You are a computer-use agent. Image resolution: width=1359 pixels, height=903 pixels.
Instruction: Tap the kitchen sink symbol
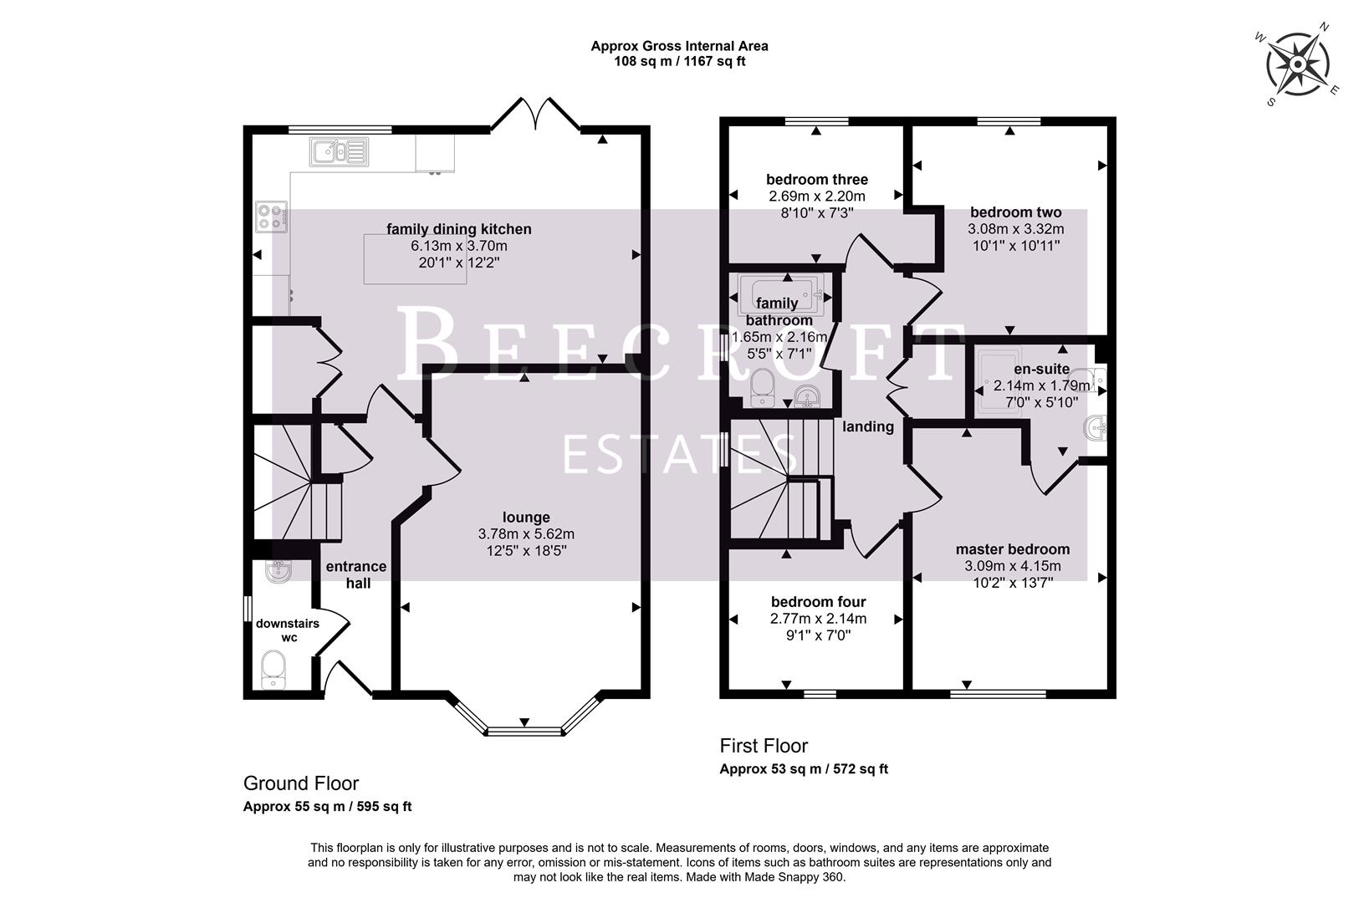tap(339, 152)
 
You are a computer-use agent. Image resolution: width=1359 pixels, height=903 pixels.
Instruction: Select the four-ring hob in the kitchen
tap(271, 217)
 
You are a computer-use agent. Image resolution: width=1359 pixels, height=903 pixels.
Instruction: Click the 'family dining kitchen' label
tap(458, 229)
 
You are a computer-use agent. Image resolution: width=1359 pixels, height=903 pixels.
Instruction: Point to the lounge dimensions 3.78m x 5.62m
tap(526, 533)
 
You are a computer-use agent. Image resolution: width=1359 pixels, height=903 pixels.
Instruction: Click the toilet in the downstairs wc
tap(273, 670)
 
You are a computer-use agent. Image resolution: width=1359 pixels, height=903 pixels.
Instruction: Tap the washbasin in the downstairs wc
tap(278, 573)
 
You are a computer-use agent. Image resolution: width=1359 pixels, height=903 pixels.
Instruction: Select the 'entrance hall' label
tap(356, 574)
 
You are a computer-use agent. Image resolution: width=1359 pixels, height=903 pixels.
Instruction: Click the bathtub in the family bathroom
tap(781, 296)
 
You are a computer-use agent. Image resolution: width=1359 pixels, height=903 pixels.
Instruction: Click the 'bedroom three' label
tap(816, 179)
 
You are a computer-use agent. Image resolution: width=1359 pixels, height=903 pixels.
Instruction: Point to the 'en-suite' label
tap(1041, 369)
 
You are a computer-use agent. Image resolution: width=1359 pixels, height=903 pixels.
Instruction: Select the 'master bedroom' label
tap(1012, 549)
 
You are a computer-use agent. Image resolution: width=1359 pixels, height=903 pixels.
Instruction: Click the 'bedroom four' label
tap(818, 602)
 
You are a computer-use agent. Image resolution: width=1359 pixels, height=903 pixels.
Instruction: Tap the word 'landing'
tap(867, 426)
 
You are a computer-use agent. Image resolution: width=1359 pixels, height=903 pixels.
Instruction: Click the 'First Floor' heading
tap(764, 745)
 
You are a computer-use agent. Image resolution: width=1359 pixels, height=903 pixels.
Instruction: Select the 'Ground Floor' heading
tap(300, 783)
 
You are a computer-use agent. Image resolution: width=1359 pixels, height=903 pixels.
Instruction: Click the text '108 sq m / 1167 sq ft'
tap(679, 61)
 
